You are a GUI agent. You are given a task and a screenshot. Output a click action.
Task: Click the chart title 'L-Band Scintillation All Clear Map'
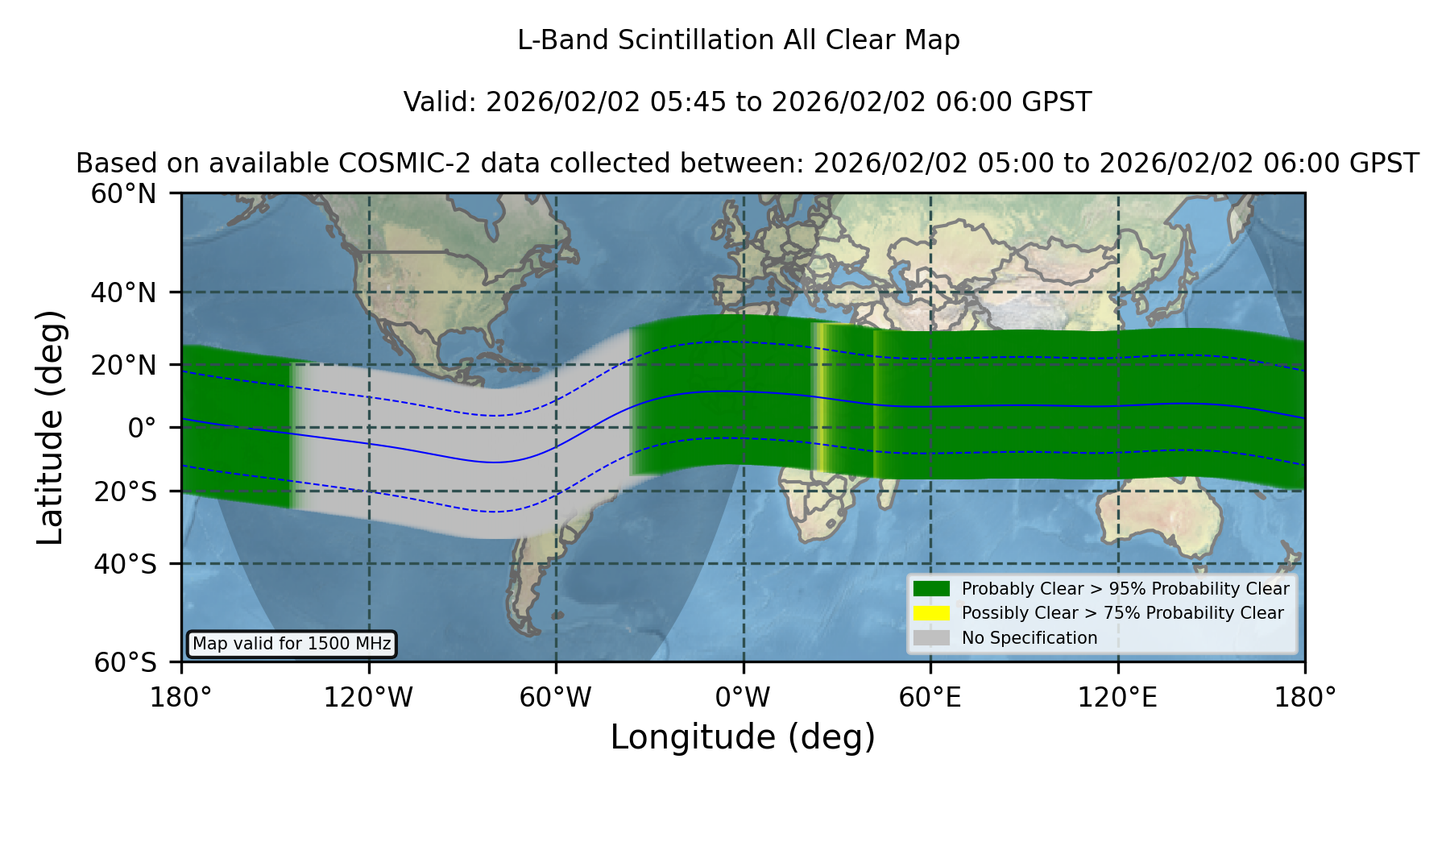click(x=739, y=40)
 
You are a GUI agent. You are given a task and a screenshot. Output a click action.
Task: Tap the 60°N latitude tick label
click(x=123, y=193)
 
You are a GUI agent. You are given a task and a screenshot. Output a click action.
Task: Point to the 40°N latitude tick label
click(x=123, y=292)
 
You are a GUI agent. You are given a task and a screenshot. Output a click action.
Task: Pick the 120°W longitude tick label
click(x=369, y=698)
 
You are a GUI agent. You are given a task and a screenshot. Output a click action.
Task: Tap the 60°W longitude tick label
click(x=556, y=698)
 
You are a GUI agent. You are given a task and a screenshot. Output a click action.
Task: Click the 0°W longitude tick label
click(x=744, y=698)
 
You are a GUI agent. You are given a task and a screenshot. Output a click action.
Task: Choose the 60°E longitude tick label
click(x=930, y=698)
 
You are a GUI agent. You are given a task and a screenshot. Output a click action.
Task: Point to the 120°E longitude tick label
click(x=1118, y=698)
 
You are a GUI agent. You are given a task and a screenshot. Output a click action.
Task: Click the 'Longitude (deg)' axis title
click(x=743, y=737)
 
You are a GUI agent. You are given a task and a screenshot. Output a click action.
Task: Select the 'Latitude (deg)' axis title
click(x=51, y=427)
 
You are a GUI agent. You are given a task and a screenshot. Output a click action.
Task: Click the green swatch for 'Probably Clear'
click(x=931, y=588)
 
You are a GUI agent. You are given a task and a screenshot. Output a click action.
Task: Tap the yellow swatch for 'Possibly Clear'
click(x=931, y=613)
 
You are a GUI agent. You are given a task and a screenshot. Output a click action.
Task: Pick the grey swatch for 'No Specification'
click(x=931, y=638)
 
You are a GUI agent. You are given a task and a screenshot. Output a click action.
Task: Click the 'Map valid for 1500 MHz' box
click(x=292, y=644)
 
